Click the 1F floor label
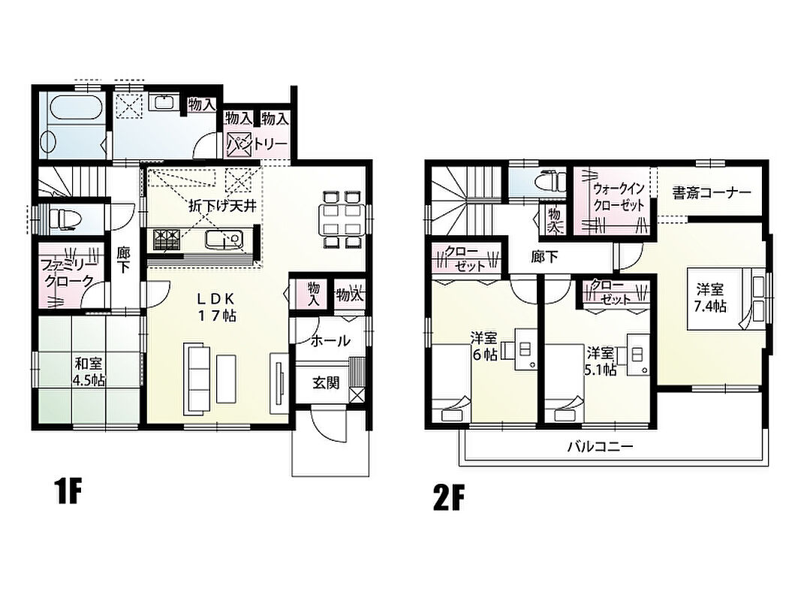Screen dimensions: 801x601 68,491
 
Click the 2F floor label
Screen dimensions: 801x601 448,498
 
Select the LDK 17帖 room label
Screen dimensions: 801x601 217,307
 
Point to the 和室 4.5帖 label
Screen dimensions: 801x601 89,372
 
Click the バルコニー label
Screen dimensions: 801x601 601,447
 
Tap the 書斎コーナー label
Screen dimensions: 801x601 712,192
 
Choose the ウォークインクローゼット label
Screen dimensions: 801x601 618,197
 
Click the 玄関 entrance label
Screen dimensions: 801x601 326,382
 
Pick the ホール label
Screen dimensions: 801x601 330,340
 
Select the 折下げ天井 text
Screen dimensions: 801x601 222,206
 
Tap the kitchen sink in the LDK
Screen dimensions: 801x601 224,240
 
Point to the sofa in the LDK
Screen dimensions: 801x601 197,376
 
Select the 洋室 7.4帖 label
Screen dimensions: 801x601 710,298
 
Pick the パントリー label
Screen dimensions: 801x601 257,143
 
